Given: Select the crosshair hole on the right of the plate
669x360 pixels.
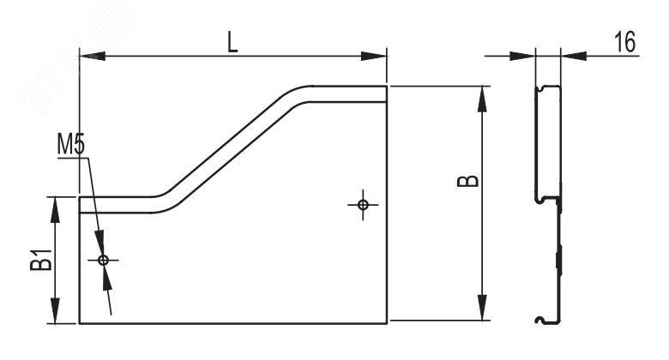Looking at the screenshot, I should pyautogui.click(x=363, y=204).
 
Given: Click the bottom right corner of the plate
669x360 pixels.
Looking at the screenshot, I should pyautogui.click(x=387, y=323).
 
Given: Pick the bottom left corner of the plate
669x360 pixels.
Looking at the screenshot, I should pyautogui.click(x=80, y=323).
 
